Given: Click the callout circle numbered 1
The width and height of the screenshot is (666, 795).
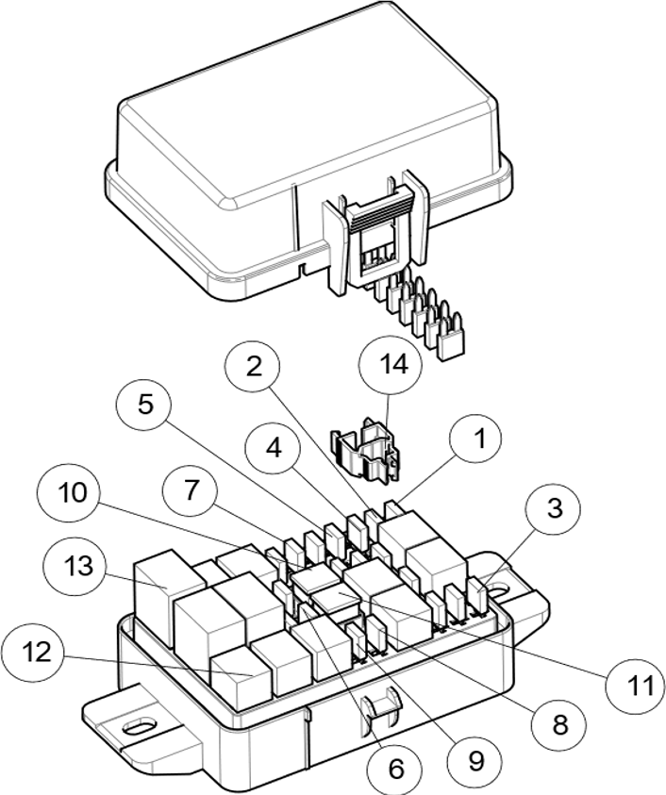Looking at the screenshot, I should pos(475,439).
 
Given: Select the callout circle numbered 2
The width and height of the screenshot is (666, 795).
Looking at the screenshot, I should pos(253,365).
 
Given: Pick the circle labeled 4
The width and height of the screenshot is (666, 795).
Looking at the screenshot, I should pos(273,447).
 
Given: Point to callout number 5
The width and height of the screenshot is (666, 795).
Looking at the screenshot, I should pos(144,405).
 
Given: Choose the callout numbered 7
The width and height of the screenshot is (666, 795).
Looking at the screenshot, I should pos(190,490).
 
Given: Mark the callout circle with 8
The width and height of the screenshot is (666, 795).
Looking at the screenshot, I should pos(559,725).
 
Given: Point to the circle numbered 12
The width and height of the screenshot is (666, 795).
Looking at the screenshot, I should pos(34,651).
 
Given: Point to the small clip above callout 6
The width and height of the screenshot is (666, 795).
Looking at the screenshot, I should pos(377,711).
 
